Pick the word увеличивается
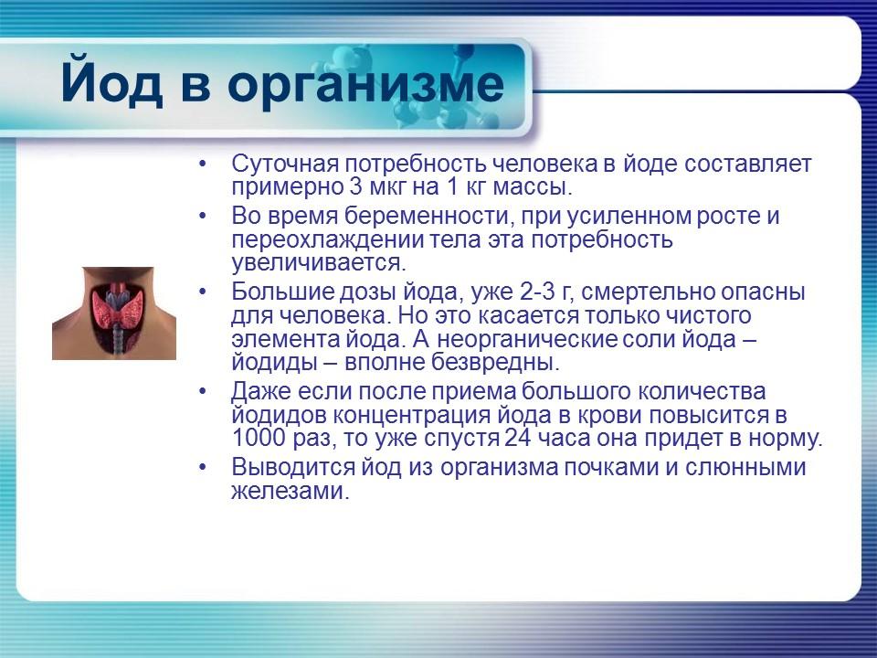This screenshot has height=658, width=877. [317, 263]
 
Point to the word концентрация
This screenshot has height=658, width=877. [417, 414]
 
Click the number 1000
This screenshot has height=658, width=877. [259, 437]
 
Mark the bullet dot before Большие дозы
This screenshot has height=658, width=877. [203, 292]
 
